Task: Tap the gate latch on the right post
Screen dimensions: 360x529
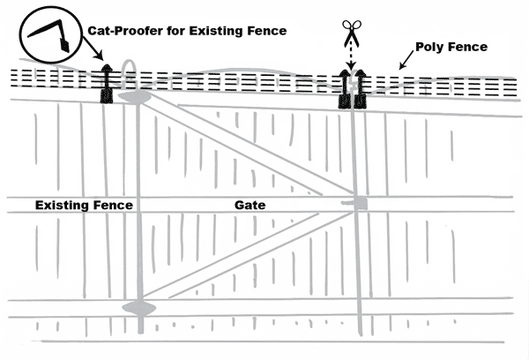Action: [x=356, y=205]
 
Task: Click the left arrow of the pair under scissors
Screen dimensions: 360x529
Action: [x=346, y=88]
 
